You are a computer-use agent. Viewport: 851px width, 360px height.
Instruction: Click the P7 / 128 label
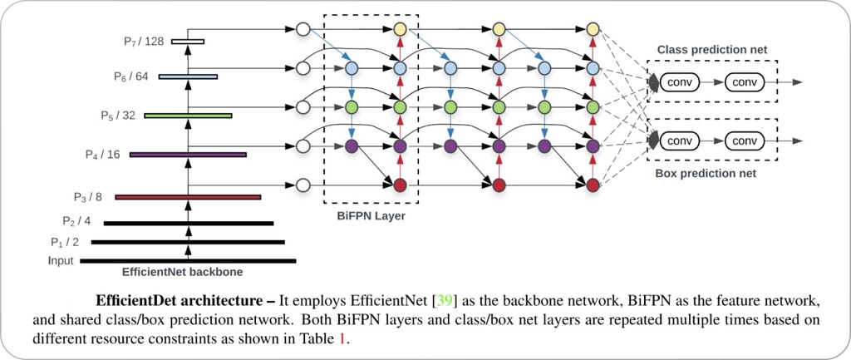[143, 42]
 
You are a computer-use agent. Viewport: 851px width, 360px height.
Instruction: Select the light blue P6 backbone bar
[189, 76]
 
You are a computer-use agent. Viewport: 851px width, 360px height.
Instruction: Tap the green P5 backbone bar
[189, 116]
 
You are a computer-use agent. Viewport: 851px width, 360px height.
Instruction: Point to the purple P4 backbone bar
[189, 155]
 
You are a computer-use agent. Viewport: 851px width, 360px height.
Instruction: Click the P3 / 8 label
[88, 196]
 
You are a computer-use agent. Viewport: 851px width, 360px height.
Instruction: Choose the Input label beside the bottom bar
[61, 261]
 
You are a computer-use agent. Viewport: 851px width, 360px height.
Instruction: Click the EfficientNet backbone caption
[182, 272]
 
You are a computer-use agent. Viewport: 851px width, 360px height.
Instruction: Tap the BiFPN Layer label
[371, 216]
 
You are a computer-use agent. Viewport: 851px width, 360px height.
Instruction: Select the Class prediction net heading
[712, 50]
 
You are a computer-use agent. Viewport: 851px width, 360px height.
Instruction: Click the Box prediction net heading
[706, 174]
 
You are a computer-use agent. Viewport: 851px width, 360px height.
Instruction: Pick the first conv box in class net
[680, 82]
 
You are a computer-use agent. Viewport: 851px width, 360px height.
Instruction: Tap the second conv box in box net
[745, 141]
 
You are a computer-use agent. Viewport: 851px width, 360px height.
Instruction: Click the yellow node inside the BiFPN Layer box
[400, 29]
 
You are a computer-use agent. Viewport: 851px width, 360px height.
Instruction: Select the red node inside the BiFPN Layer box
[400, 185]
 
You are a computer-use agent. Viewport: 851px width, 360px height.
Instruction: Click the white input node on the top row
[303, 29]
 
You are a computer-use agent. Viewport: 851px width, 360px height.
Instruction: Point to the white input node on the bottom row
[303, 185]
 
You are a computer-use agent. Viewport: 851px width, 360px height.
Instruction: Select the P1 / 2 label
[65, 242]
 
